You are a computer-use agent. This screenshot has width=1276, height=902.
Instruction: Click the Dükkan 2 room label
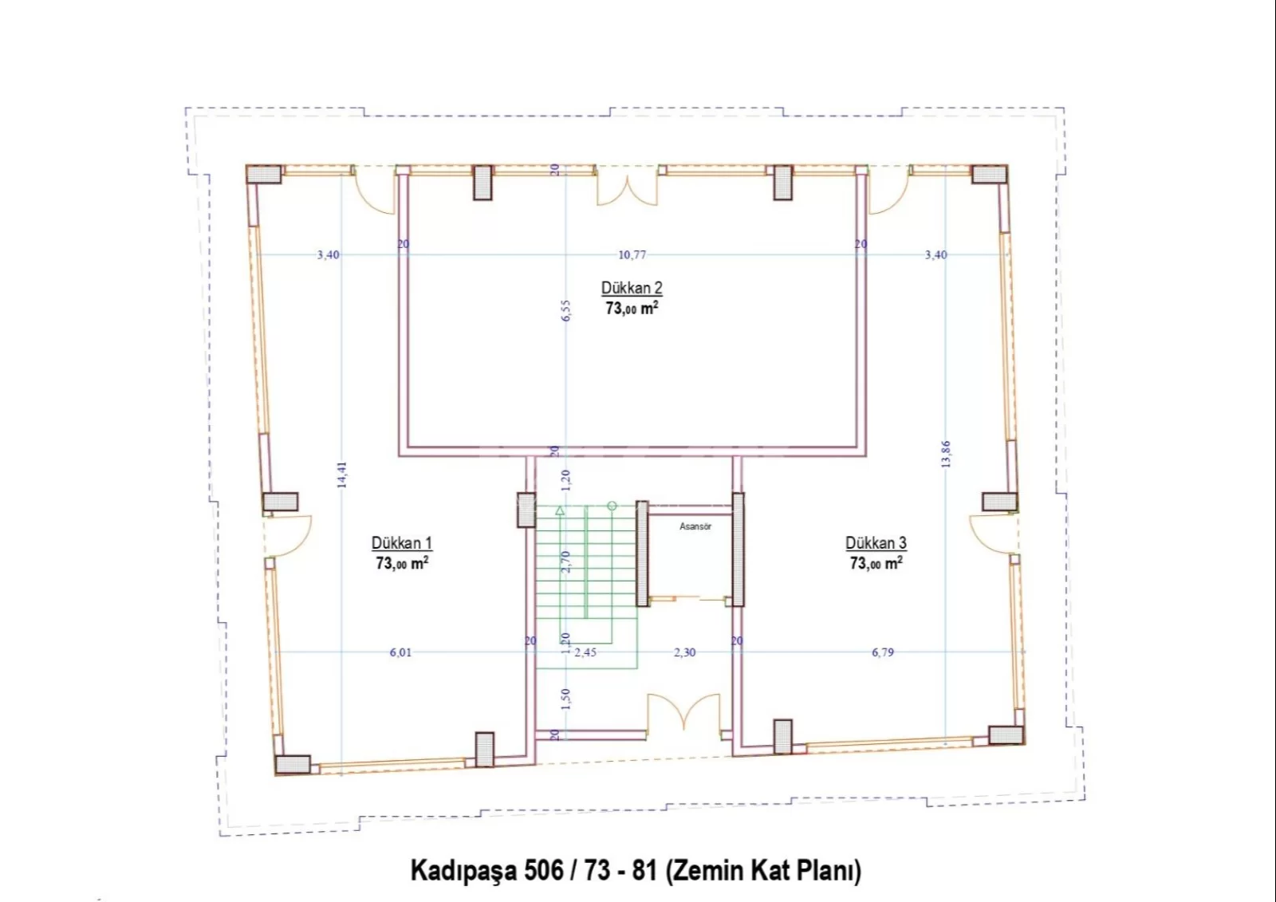click(632, 289)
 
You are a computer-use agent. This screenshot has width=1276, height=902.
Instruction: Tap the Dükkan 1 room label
click(402, 543)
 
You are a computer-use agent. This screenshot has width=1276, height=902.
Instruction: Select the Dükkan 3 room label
click(876, 543)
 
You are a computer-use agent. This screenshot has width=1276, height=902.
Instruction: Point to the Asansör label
click(695, 526)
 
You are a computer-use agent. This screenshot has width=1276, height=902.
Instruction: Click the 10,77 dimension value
click(632, 254)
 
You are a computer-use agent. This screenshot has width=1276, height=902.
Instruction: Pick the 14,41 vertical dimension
click(342, 474)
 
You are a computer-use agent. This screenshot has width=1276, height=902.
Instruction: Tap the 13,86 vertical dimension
click(946, 454)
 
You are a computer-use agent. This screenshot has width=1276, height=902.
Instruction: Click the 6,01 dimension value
click(400, 652)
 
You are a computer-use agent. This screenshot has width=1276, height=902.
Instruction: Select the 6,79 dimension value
click(883, 652)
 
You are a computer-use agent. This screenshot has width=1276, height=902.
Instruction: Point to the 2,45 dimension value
click(585, 652)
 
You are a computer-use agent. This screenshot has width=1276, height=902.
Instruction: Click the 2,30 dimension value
click(685, 652)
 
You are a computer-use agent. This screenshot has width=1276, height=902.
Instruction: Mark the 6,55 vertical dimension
click(565, 310)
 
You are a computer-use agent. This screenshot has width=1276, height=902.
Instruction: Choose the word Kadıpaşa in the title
click(463, 872)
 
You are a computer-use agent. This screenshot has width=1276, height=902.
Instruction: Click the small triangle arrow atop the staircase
click(560, 510)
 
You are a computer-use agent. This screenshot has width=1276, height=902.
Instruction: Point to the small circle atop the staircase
click(612, 506)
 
